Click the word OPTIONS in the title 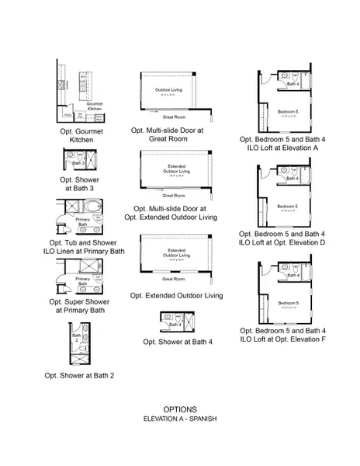click(179, 409)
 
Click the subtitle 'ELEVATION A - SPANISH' click(179, 419)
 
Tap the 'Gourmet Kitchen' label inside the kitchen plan click(95, 106)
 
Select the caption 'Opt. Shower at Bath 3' click(81, 185)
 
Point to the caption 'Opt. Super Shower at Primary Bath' click(81, 305)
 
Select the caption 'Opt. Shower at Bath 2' click(81, 375)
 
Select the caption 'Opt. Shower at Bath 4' click(178, 341)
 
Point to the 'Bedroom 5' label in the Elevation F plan click(287, 303)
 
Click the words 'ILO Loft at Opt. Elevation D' click(282, 242)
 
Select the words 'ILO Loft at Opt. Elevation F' click(282, 339)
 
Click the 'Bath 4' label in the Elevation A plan click(291, 84)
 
